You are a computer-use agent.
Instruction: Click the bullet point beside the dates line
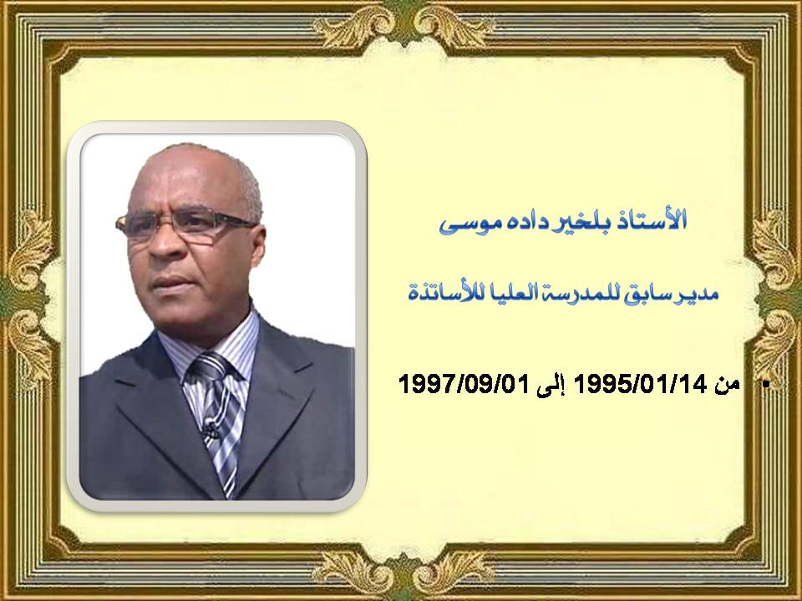coord(766,385)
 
